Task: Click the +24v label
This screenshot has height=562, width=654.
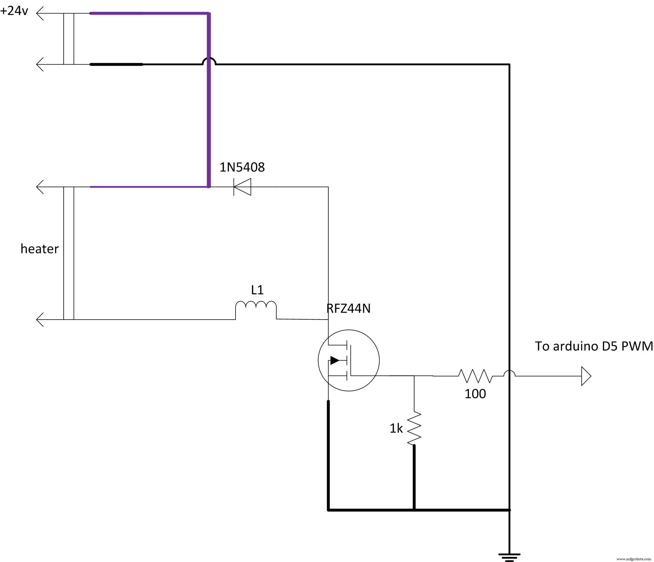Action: coord(14,11)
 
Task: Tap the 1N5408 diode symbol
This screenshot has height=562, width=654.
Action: coord(242,187)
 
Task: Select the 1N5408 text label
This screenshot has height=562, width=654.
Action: coord(242,167)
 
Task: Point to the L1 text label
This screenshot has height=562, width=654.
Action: coord(257,290)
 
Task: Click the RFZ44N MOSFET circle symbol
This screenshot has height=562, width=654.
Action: coord(348,360)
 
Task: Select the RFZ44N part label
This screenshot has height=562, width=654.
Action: coord(348,308)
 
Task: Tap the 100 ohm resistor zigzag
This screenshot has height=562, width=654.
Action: coord(475,376)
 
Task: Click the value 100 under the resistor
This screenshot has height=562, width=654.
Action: coord(475,394)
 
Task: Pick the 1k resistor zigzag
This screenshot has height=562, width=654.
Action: coord(414,428)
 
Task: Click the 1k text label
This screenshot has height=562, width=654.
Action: coord(396,428)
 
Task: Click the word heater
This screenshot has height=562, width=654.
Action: coord(39,249)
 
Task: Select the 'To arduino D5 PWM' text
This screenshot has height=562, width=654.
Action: coord(594,346)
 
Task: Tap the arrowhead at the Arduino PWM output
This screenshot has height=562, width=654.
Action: coord(586,376)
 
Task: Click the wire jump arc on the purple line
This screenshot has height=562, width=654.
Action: coord(209,61)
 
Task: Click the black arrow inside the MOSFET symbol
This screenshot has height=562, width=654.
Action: coord(335,360)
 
